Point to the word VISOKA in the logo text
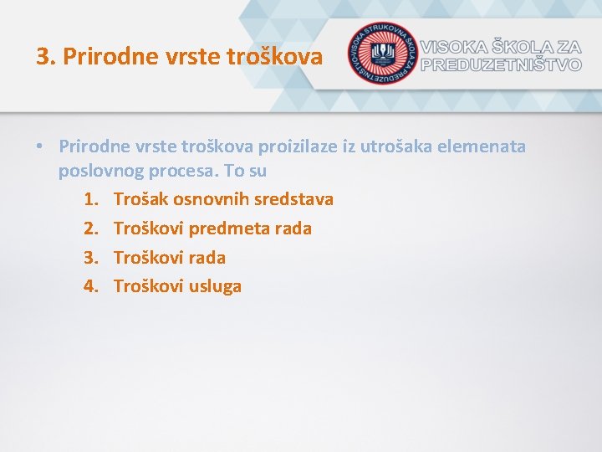click(x=457, y=47)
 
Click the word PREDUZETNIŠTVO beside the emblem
click(x=501, y=64)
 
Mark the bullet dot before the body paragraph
click(x=39, y=147)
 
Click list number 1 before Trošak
click(x=90, y=199)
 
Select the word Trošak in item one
click(x=140, y=199)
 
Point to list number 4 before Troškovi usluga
click(x=90, y=286)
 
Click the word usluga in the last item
click(x=215, y=286)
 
